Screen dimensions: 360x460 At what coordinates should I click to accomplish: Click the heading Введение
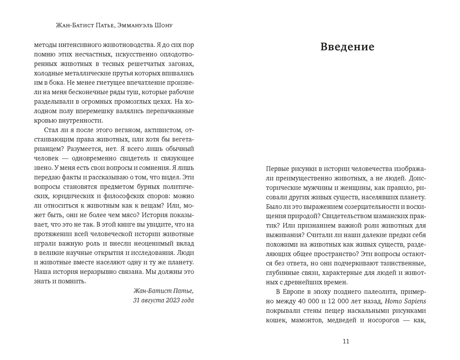tap(347, 47)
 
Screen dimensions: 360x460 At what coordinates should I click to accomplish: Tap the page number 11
tap(345, 341)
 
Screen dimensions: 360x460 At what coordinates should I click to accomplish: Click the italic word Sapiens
tap(411, 301)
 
